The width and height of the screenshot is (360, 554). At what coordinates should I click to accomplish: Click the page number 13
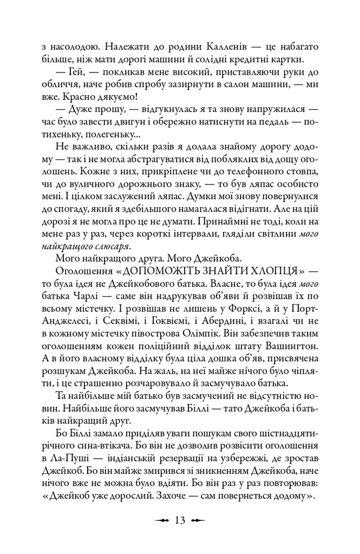click(x=180, y=520)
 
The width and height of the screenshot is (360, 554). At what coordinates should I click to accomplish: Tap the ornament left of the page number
click(x=162, y=521)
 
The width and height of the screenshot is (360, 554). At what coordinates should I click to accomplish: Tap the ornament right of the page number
click(x=198, y=521)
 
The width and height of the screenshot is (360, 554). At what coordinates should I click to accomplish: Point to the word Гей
click(x=75, y=73)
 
